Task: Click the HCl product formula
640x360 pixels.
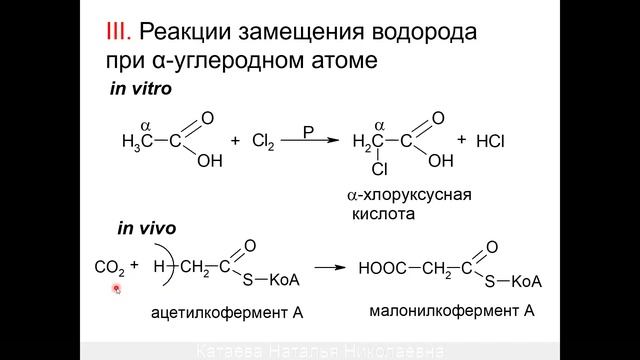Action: pos(490,142)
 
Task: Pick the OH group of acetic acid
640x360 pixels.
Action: pos(209,160)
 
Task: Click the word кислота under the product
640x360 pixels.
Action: pos(380,214)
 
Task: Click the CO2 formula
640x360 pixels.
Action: pos(108,268)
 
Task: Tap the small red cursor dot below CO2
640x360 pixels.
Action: pos(116,289)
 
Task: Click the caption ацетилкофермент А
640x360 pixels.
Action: pos(226,313)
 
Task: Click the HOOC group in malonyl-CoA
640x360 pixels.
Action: pos(384,268)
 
